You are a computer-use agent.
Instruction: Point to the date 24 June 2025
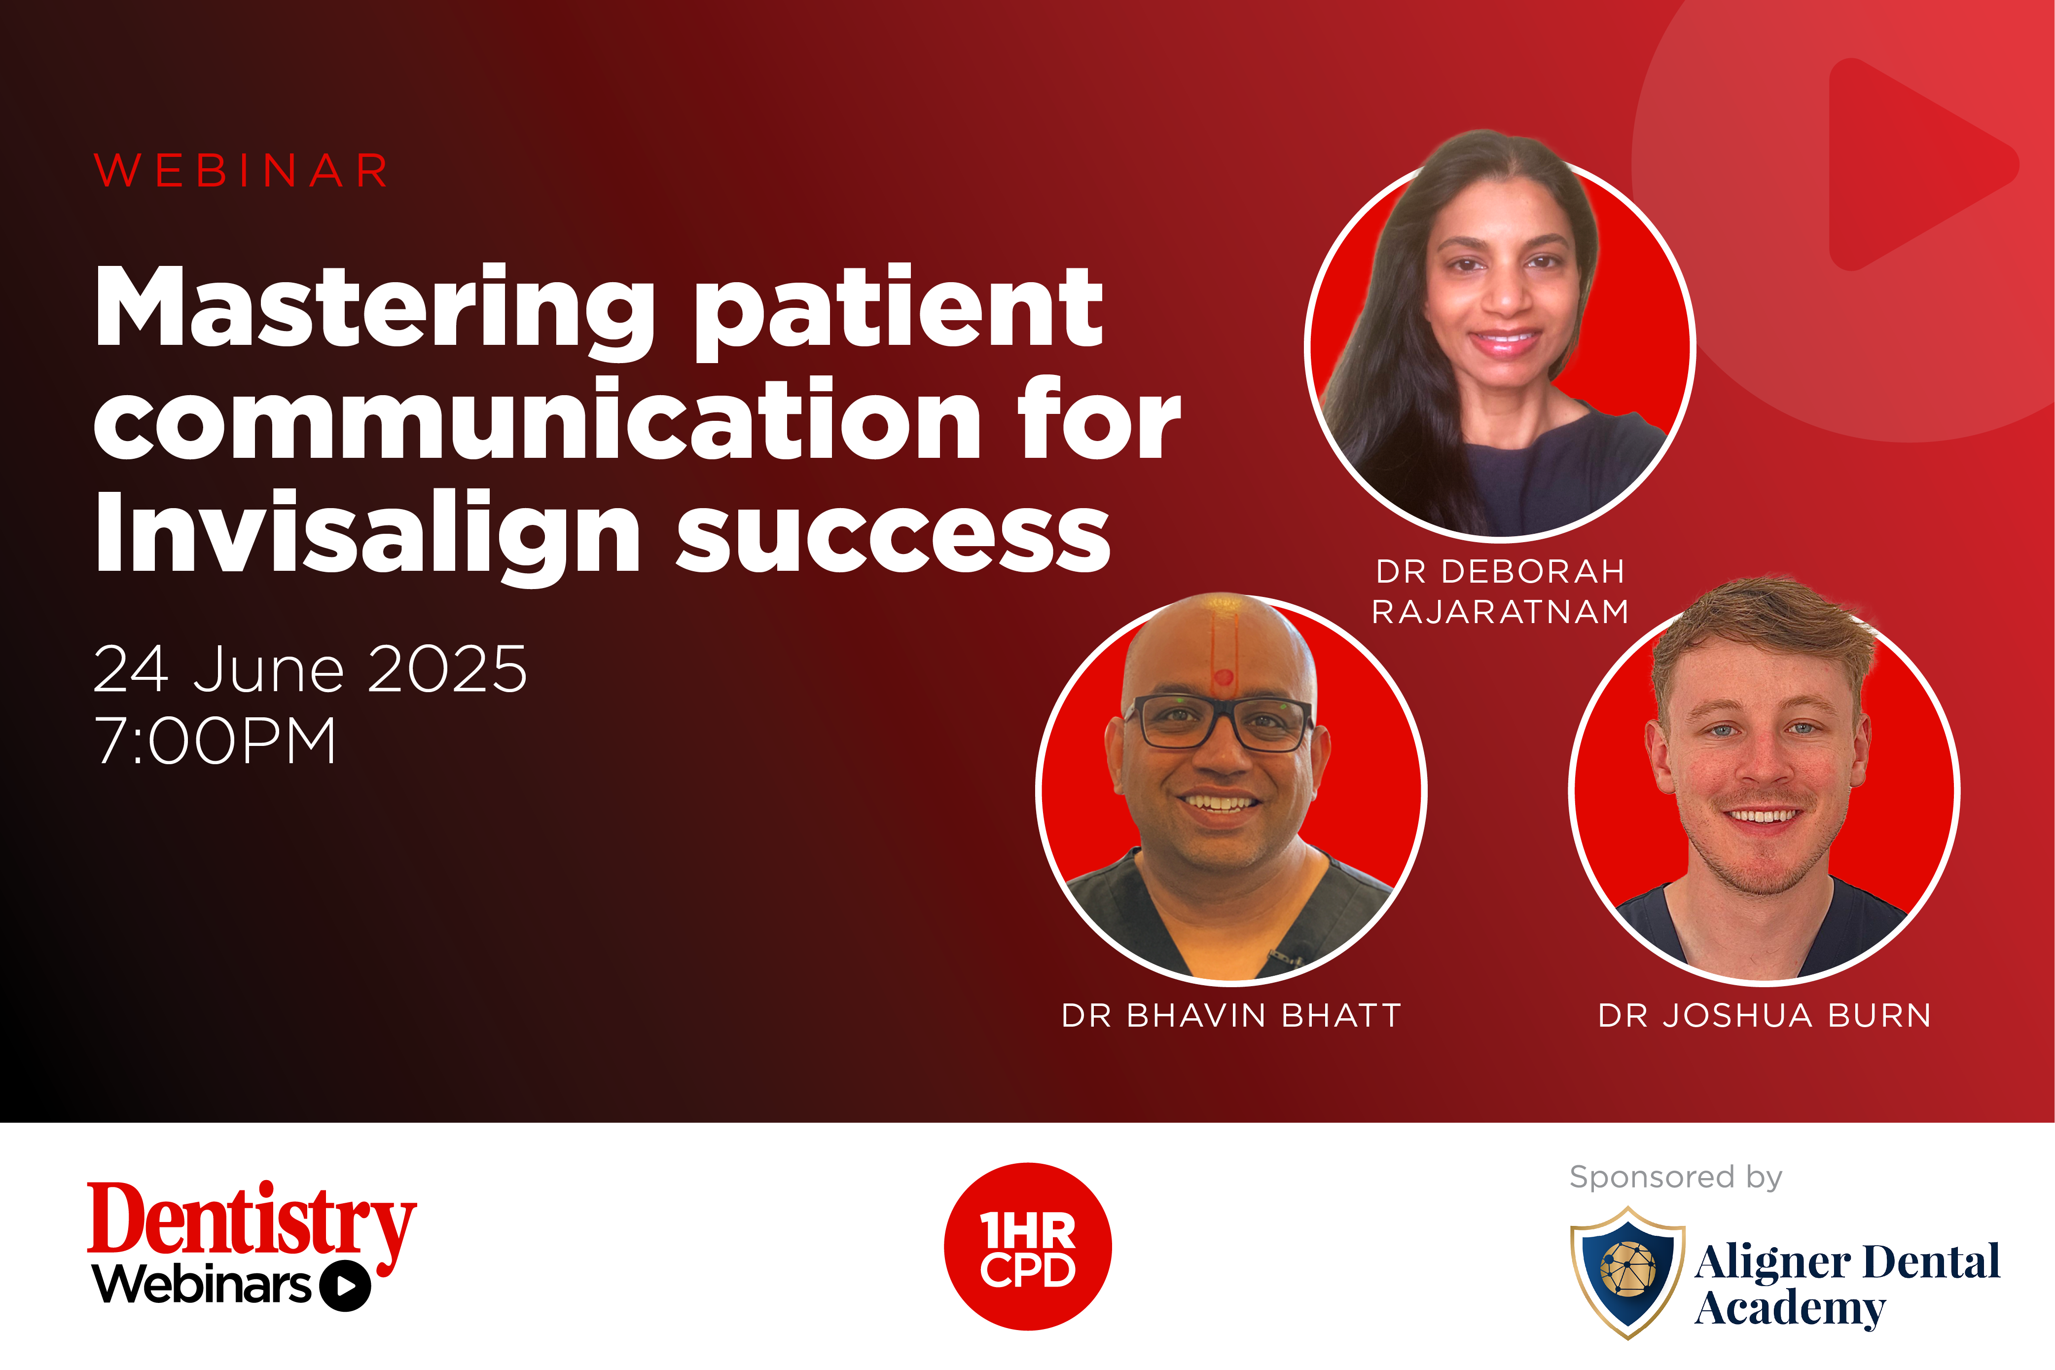pyautogui.click(x=310, y=669)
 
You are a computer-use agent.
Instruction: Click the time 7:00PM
pyautogui.click(x=215, y=741)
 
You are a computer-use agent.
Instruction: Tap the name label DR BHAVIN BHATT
pyautogui.click(x=1231, y=1015)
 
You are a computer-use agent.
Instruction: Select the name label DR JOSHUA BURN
pyautogui.click(x=1764, y=1015)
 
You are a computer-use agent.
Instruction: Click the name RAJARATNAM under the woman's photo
pyautogui.click(x=1500, y=612)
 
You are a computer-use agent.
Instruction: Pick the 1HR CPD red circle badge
pyautogui.click(x=1027, y=1247)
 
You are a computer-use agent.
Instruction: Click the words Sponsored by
pyautogui.click(x=1676, y=1178)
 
